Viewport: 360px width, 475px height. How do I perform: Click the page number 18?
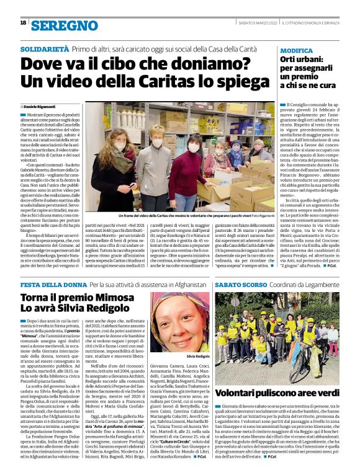pos(23,22)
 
